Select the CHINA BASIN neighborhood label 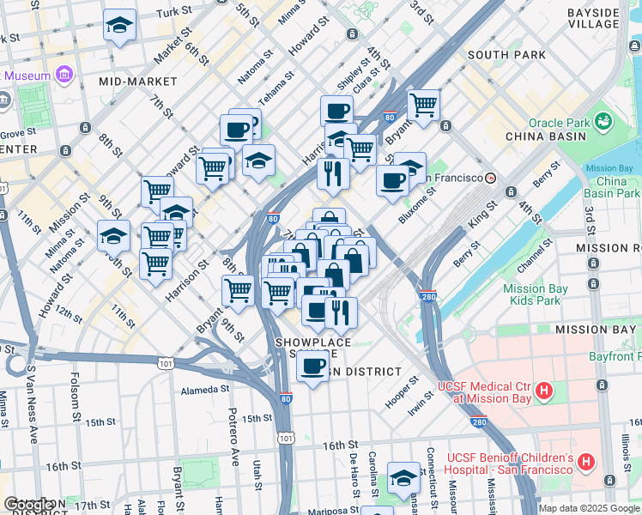[x=546, y=136]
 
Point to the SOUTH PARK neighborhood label [x=506, y=55]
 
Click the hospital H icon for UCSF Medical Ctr [x=543, y=392]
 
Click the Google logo [x=29, y=505]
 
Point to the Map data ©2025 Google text [x=589, y=508]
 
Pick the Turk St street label [x=173, y=12]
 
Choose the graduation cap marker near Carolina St [x=403, y=478]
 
